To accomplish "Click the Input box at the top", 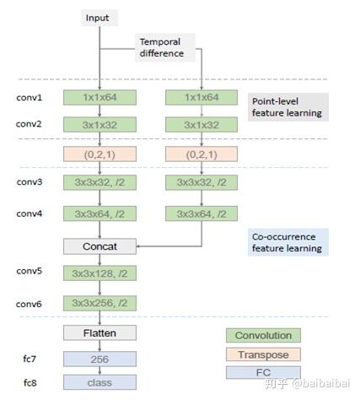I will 99,18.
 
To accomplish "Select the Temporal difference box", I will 165,47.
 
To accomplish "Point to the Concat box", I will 99,246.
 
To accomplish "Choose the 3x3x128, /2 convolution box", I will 99,274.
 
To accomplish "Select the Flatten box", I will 99,332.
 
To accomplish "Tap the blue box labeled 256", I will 99,359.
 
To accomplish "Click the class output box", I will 99,381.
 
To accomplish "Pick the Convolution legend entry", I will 263,335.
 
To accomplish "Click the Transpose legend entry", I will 263,354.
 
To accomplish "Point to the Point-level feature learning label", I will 287,106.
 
